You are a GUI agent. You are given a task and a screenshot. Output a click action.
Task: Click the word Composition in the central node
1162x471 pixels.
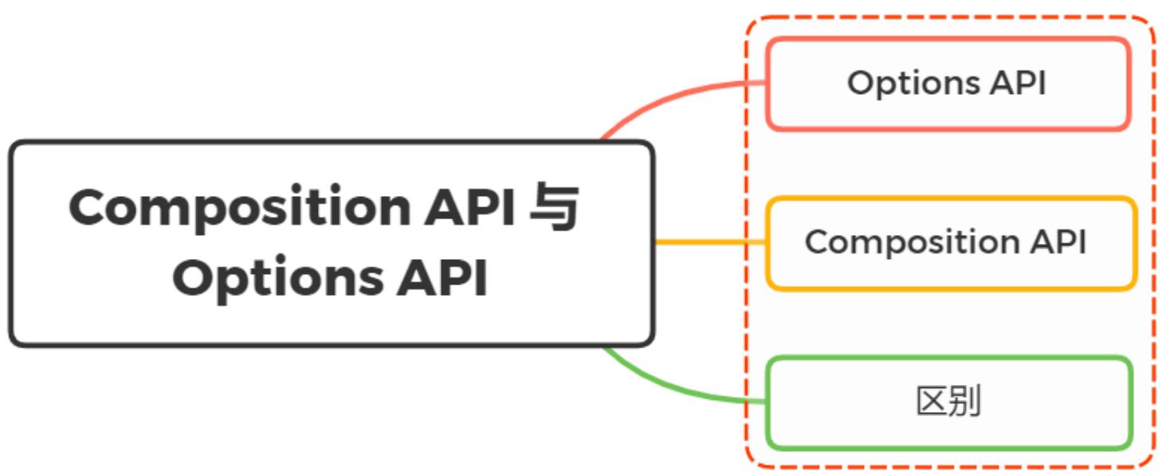[238, 209]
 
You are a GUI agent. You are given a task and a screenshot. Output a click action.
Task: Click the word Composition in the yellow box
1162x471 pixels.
[909, 242]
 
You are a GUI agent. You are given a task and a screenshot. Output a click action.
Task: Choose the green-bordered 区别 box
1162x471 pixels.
[948, 402]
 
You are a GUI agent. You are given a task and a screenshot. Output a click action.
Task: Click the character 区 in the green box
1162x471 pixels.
[932, 402]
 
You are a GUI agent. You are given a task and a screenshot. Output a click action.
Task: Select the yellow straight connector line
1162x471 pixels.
[709, 242]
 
